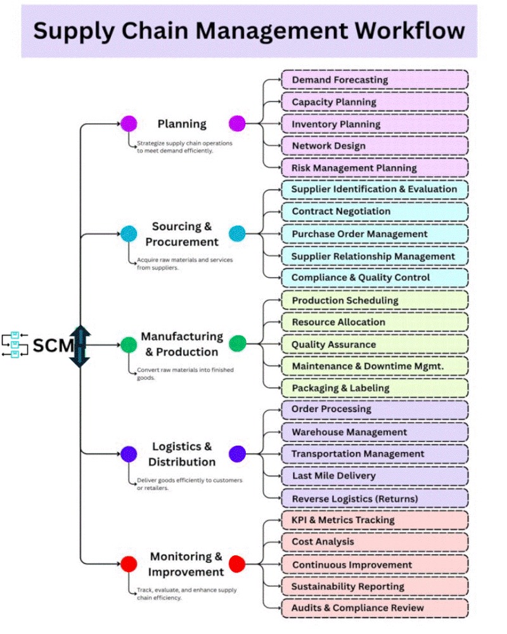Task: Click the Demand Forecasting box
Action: (x=374, y=80)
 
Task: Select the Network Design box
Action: (x=374, y=146)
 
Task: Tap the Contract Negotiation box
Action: (x=374, y=211)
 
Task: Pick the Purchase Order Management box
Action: (x=374, y=234)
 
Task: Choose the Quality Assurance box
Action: (x=374, y=344)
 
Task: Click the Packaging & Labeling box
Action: (x=374, y=387)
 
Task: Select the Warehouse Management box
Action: (x=374, y=432)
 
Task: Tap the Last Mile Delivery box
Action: (x=374, y=475)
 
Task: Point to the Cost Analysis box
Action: (x=374, y=542)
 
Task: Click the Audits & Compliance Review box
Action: (x=374, y=607)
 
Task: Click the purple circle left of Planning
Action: (x=129, y=124)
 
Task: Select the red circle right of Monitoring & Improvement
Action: (x=237, y=564)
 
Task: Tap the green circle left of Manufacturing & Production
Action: (x=129, y=344)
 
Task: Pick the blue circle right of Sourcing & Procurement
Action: (x=237, y=234)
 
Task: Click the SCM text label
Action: (x=53, y=346)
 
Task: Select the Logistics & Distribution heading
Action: (x=182, y=454)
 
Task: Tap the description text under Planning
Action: (x=184, y=147)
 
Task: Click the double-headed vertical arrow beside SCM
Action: (x=80, y=346)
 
